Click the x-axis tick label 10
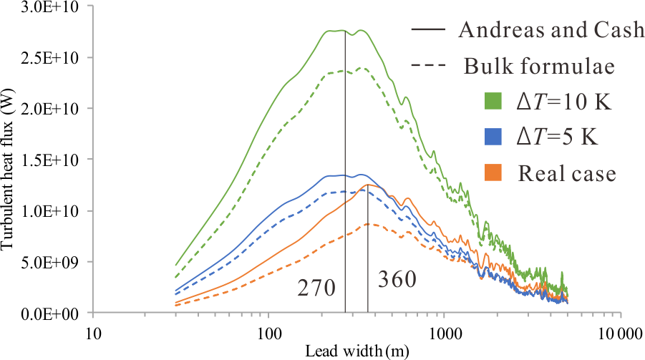[92, 333]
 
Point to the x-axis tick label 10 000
[619, 333]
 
